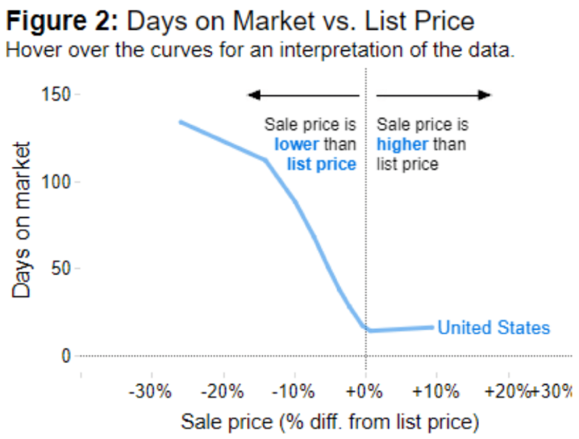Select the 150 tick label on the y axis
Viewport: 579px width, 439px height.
[56, 94]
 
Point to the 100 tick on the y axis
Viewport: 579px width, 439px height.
[56, 182]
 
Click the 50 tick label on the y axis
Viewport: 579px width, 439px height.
[61, 268]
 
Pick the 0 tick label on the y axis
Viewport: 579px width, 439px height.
[66, 356]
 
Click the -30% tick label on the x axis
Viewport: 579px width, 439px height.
[150, 392]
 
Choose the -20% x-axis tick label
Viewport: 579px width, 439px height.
[222, 392]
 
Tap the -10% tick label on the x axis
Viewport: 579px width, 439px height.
[294, 392]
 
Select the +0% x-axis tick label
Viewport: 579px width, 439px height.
[364, 392]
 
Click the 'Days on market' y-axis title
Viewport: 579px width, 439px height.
[21, 220]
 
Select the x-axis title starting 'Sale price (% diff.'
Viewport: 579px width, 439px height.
[330, 422]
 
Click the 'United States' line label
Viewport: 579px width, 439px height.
[494, 328]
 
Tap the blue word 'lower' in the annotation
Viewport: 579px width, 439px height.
[296, 144]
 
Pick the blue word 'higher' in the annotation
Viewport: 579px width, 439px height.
[402, 144]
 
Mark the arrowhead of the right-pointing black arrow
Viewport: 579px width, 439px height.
[485, 95]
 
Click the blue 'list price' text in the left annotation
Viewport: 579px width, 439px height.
[322, 164]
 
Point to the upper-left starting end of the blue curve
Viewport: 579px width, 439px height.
[181, 122]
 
